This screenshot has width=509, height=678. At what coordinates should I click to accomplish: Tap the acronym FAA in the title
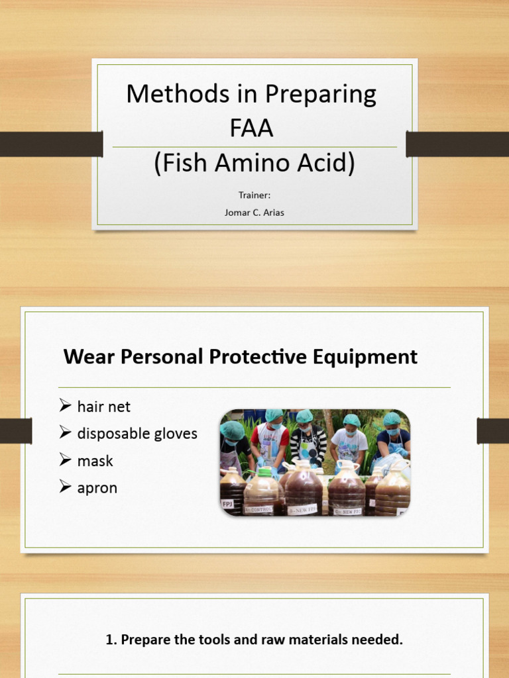click(251, 128)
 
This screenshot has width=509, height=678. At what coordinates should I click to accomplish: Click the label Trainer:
click(254, 195)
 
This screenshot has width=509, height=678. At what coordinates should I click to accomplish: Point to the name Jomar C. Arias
click(254, 213)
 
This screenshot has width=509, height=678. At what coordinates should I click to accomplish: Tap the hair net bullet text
click(104, 407)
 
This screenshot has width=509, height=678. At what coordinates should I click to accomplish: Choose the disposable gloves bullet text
click(137, 434)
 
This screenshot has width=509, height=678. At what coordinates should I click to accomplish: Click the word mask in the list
click(95, 461)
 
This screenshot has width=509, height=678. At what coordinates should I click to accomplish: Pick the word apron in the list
click(97, 488)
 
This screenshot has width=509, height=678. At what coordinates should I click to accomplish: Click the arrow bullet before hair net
click(65, 406)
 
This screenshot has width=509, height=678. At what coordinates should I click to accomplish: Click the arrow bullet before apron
click(65, 487)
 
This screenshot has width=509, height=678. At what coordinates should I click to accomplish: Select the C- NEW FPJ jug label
click(347, 510)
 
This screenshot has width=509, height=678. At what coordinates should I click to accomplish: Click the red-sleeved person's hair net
click(274, 415)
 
